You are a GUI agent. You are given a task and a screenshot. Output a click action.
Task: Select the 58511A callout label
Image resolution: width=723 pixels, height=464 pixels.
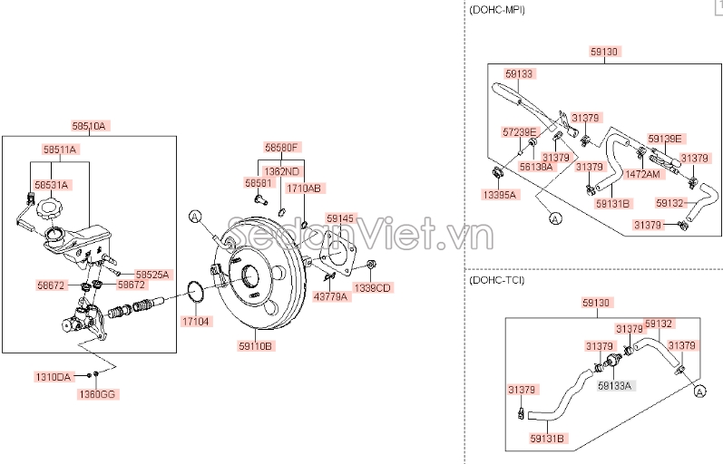point(60,149)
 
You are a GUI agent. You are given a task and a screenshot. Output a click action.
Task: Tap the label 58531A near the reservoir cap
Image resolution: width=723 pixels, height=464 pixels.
point(52,184)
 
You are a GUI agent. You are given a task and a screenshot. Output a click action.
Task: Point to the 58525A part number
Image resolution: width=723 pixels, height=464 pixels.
point(152,274)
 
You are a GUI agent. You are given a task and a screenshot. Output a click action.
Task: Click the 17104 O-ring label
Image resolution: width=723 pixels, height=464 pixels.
point(194,321)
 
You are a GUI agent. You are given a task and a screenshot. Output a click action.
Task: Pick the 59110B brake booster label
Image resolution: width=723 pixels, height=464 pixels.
point(256,345)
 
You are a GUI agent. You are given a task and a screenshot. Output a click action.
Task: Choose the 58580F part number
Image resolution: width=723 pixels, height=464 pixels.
point(282,147)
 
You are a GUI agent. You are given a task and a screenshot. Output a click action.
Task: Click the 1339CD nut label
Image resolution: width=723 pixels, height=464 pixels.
point(372,288)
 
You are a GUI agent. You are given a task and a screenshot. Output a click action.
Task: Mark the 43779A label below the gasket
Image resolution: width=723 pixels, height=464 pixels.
point(330,296)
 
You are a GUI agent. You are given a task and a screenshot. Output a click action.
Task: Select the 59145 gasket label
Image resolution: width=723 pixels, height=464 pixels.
point(341,218)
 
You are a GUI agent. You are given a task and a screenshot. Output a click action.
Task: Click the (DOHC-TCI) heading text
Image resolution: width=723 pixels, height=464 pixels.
point(496,280)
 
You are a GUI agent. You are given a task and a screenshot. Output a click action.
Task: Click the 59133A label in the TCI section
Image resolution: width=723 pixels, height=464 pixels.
point(616,385)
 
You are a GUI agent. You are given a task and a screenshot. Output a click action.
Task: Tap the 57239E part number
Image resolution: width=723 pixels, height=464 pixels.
point(520,132)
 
